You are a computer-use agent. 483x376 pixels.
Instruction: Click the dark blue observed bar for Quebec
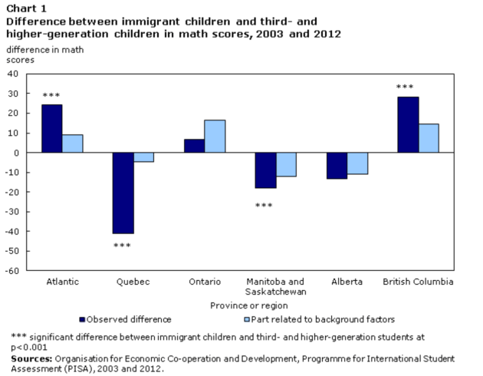point(123,193)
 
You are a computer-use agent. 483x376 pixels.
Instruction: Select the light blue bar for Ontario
point(215,136)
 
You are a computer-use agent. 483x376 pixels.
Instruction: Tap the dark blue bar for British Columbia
point(408,124)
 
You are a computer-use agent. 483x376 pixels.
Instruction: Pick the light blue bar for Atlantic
point(73,143)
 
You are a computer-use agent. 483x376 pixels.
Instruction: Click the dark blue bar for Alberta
point(337,166)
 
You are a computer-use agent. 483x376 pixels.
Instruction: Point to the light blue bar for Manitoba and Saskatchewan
point(287,164)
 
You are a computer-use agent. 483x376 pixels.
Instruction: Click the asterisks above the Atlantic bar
point(51,95)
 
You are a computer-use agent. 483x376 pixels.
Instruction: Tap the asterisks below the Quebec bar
point(123,246)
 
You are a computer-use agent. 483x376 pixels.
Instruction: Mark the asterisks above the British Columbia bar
point(406,87)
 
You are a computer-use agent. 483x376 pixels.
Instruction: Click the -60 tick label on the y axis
point(12,271)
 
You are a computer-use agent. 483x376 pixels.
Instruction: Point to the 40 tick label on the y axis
point(14,74)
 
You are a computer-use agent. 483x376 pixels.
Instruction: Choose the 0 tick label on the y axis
point(16,153)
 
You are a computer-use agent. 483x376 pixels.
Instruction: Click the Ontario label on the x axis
point(205,282)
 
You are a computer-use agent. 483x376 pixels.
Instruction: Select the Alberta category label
point(347,282)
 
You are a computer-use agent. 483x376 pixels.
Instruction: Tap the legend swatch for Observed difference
point(82,318)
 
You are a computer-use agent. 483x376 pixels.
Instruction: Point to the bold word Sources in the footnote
point(30,358)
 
